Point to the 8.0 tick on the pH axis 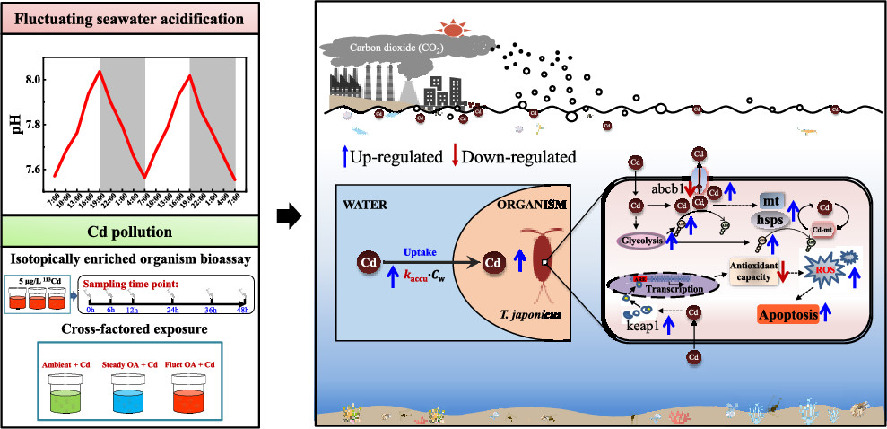[x=34, y=80]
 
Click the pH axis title [x=14, y=122]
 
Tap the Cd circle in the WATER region [x=367, y=264]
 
